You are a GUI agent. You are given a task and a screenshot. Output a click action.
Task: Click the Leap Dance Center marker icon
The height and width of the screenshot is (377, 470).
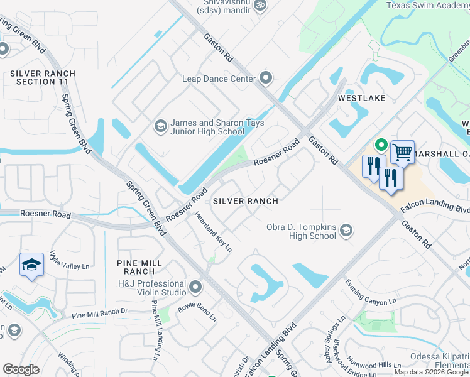click(266, 79)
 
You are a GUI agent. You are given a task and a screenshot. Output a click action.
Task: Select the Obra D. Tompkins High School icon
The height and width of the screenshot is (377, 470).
click(345, 232)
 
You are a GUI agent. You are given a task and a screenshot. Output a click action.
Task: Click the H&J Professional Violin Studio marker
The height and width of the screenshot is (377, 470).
click(195, 288)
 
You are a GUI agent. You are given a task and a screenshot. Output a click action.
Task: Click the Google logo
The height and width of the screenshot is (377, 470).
click(21, 369)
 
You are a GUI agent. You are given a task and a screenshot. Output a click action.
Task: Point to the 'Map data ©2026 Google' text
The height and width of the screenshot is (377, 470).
click(431, 372)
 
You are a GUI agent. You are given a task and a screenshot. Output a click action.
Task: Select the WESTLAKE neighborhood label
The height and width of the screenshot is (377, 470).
click(361, 99)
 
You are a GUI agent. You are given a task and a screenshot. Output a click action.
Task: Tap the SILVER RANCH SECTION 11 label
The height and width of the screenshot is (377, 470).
click(43, 78)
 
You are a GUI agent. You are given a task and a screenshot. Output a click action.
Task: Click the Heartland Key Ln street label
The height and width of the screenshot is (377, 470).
click(214, 231)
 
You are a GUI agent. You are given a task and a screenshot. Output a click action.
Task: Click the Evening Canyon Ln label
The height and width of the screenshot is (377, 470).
click(370, 293)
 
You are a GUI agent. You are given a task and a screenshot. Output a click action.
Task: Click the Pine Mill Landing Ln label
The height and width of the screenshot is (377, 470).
click(155, 330)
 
